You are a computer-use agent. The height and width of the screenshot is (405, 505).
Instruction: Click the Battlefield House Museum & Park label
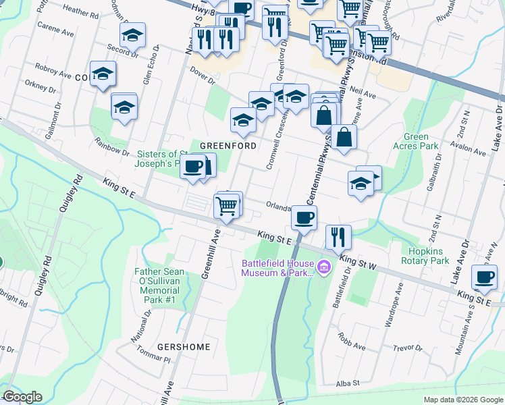tap(277, 268)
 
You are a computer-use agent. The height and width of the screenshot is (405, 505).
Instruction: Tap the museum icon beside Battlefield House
tap(323, 268)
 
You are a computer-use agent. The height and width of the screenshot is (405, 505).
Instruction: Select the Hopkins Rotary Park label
tap(425, 256)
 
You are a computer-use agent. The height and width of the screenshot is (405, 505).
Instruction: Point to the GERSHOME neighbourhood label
tap(184, 347)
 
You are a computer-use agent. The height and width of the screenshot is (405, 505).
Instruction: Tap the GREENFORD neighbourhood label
tap(228, 146)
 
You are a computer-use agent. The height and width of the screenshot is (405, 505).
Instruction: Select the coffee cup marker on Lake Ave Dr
tap(485, 276)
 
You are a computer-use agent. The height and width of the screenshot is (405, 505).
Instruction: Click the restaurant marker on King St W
tap(338, 237)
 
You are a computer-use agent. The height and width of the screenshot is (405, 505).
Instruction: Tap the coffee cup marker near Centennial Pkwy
tap(304, 218)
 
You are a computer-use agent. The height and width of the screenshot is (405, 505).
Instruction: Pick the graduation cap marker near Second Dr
tap(132, 34)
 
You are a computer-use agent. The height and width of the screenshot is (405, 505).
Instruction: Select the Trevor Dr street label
tap(408, 348)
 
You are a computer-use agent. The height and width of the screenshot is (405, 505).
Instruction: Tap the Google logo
tap(22, 397)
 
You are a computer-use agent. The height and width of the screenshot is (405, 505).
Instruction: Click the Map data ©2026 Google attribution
tap(462, 400)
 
